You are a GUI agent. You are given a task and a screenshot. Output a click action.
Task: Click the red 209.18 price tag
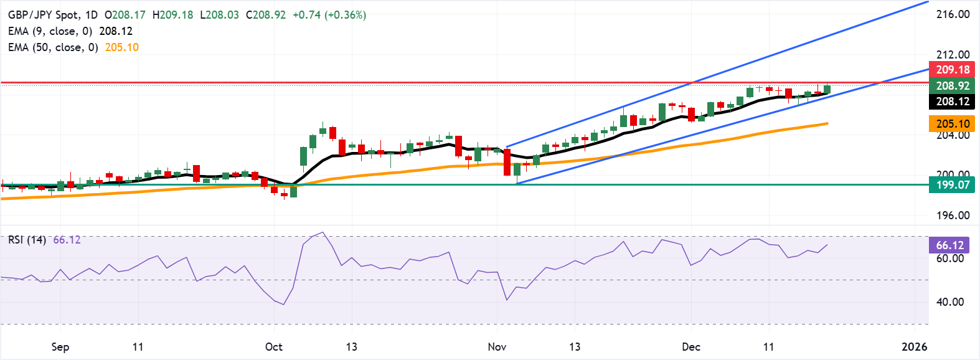tap(953, 69)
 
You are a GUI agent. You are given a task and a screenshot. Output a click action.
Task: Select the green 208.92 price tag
tap(953, 85)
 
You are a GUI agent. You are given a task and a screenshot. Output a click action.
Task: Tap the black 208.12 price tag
tap(953, 102)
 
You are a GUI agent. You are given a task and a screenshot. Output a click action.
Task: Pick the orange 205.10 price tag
tap(953, 123)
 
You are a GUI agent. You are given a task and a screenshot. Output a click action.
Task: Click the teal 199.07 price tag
tap(953, 184)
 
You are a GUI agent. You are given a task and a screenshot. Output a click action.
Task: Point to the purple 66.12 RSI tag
tap(949, 245)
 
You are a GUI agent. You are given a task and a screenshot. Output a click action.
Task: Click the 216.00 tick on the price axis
tap(953, 14)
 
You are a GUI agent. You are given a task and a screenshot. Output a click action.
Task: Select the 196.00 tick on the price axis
tap(953, 215)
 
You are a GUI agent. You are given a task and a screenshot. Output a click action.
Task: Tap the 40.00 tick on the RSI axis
tap(950, 301)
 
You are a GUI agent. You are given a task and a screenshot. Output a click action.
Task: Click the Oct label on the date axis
tap(273, 346)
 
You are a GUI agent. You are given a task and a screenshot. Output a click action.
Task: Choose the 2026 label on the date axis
tap(914, 346)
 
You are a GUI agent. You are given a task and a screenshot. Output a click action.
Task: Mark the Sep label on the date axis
tap(60, 346)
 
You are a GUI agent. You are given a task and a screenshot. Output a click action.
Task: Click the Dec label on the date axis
tap(690, 346)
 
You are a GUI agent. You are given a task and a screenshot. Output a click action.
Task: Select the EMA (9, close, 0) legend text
tap(50, 31)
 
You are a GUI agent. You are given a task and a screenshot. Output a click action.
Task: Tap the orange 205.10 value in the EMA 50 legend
tap(121, 47)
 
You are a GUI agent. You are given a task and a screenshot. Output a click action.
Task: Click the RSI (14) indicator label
tap(27, 239)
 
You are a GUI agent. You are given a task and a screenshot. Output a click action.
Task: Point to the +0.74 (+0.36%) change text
tap(329, 14)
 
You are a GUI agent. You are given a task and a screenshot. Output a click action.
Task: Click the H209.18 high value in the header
tap(172, 14)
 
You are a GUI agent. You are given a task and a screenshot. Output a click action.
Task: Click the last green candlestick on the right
tap(827, 89)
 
